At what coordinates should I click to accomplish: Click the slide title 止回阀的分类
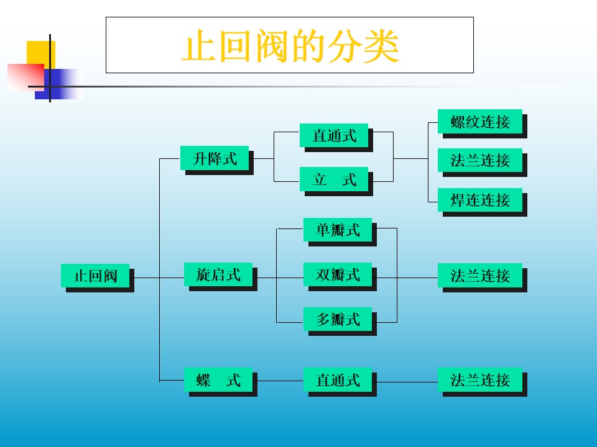pos(290,45)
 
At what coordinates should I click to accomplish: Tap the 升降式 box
pos(215,158)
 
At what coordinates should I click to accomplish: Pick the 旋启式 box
pos(218,274)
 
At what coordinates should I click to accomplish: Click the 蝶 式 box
pos(218,380)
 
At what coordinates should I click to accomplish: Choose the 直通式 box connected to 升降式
pos(334,136)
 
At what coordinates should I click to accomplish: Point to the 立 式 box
pos(334,179)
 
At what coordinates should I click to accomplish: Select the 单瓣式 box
pos(338,230)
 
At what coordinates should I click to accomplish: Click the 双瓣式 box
pos(338,274)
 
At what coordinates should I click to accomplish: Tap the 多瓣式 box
pos(338,319)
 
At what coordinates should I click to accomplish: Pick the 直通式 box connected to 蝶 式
pos(338,380)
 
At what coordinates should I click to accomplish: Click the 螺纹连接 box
pos(480,122)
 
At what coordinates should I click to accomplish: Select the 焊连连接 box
pos(480,200)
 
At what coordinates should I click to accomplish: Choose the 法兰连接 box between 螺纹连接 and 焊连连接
pos(480,161)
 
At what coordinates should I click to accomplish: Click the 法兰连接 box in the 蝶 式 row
pos(480,380)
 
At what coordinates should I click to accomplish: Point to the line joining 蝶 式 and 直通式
pos(278,381)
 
